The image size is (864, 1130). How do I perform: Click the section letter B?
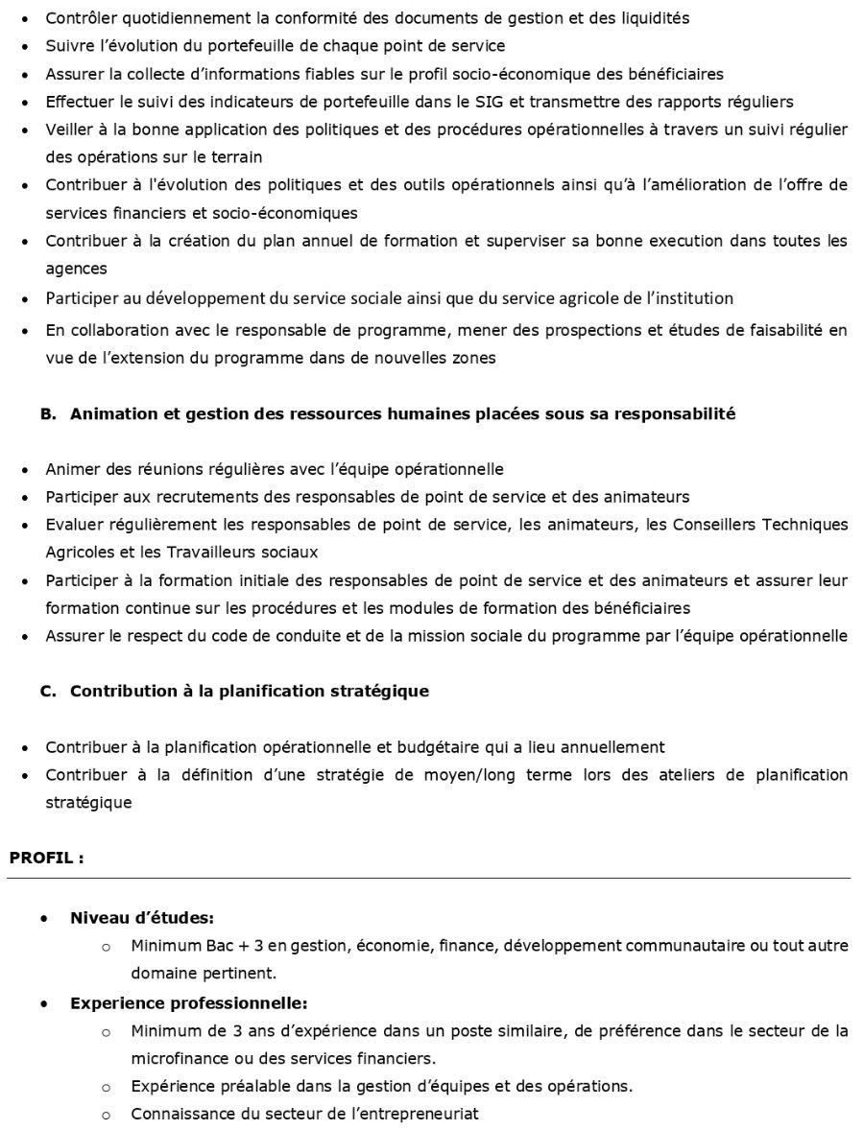point(48,414)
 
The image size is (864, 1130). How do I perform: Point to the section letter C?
point(48,692)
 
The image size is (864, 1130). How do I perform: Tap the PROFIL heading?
point(46,859)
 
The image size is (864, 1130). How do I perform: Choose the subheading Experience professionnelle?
point(188,1003)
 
